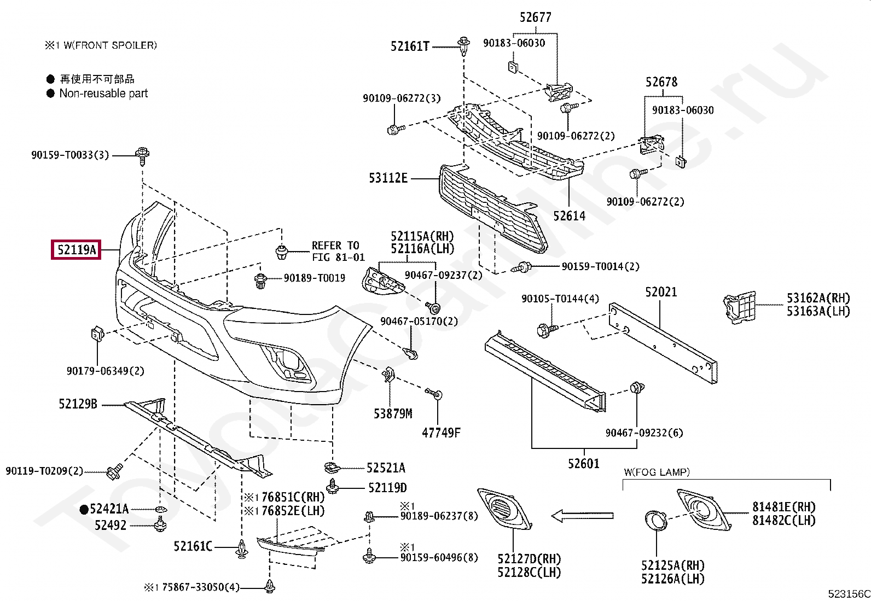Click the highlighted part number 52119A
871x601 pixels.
pyautogui.click(x=76, y=249)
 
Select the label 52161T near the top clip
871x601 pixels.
pyautogui.click(x=410, y=46)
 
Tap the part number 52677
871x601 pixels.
pyautogui.click(x=536, y=17)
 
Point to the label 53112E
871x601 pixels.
pyautogui.click(x=388, y=178)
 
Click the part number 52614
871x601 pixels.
pyautogui.click(x=569, y=216)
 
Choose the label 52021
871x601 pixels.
pyautogui.click(x=661, y=292)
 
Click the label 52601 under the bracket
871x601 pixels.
pyautogui.click(x=584, y=463)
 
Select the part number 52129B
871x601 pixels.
pyautogui.click(x=78, y=404)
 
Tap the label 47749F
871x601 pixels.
pyautogui.click(x=441, y=433)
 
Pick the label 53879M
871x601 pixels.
pyautogui.click(x=393, y=413)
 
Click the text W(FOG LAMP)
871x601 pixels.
pyautogui.click(x=657, y=472)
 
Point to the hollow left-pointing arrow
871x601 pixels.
pyautogui.click(x=583, y=516)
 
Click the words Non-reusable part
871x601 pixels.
pyautogui.click(x=103, y=94)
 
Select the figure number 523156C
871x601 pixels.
pyautogui.click(x=849, y=593)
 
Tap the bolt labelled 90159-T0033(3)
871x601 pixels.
pyautogui.click(x=142, y=156)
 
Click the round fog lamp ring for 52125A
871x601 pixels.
pyautogui.click(x=656, y=521)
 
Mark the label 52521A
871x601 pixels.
pyautogui.click(x=386, y=468)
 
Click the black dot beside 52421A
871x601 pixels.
pyautogui.click(x=84, y=509)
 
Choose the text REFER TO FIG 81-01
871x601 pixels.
pyautogui.click(x=338, y=251)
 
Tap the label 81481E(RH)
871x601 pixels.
pyautogui.click(x=783, y=507)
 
